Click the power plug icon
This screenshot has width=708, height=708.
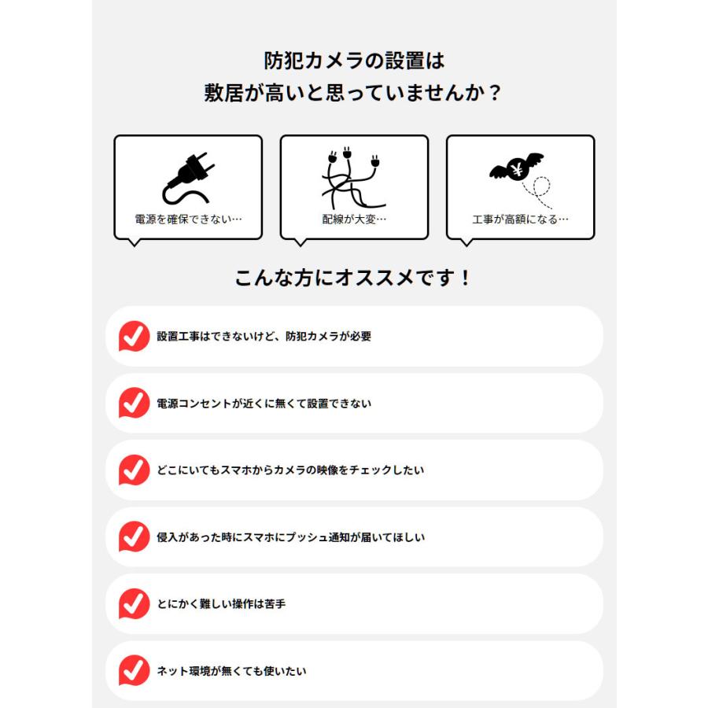point(188,179)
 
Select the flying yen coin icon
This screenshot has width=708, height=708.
point(517,168)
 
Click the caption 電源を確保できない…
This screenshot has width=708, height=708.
point(188,219)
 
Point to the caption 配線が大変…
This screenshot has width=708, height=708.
point(354,219)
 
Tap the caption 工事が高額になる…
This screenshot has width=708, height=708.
point(520,219)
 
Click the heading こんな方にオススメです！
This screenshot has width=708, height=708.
point(353,278)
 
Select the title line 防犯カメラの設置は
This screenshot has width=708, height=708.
point(354,61)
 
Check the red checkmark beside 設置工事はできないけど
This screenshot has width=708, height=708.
point(134,337)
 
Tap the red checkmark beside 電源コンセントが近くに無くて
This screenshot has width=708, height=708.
point(134,404)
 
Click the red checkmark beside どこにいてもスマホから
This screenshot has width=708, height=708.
point(134,470)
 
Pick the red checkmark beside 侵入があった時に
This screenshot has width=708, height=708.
point(134,537)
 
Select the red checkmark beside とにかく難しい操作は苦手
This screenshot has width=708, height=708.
point(134,604)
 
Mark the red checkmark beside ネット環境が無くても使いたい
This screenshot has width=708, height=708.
point(134,671)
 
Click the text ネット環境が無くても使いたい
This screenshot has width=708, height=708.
point(231,671)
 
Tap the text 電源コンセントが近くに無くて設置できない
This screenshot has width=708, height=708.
point(264,404)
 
